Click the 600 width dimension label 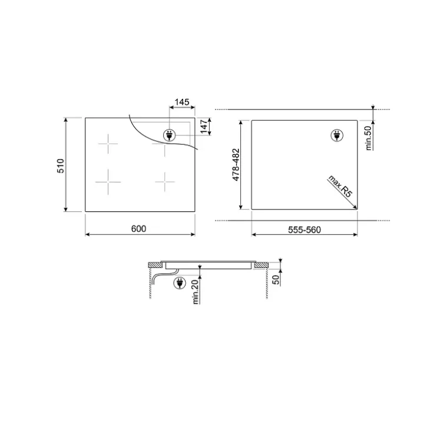pyautogui.click(x=138, y=228)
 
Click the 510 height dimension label pyautogui.click(x=61, y=165)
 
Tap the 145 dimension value pyautogui.click(x=182, y=102)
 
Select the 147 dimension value pyautogui.click(x=204, y=126)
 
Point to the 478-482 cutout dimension pyautogui.click(x=236, y=165)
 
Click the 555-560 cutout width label pyautogui.click(x=304, y=230)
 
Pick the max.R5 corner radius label pyautogui.click(x=340, y=186)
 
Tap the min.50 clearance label pyautogui.click(x=368, y=138)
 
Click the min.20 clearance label pyautogui.click(x=195, y=292)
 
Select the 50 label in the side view pyautogui.click(x=276, y=280)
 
